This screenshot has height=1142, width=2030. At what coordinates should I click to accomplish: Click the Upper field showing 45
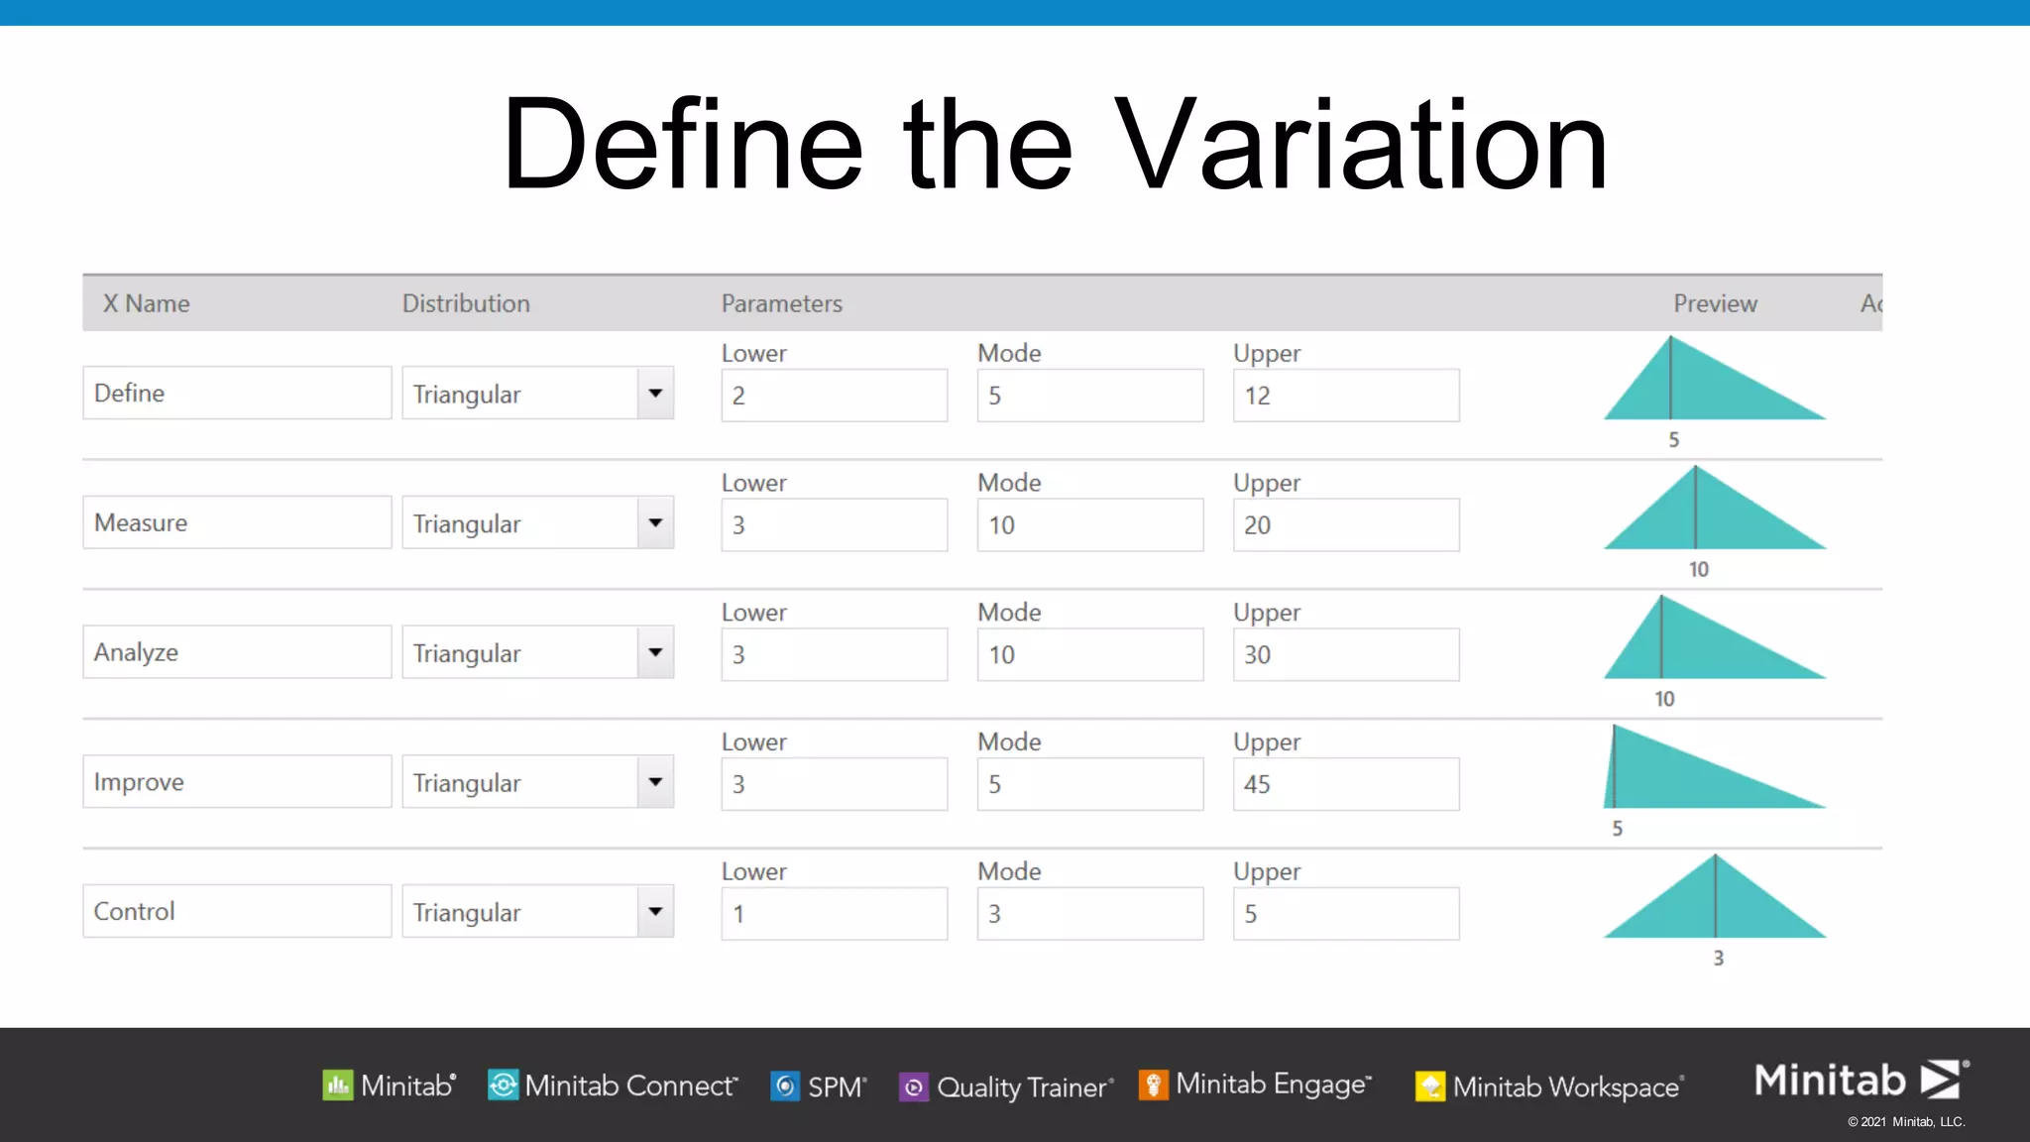pyautogui.click(x=1345, y=784)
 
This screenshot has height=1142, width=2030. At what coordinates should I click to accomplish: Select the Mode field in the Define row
pyautogui.click(x=1089, y=396)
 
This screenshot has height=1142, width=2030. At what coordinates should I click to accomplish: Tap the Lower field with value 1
pyautogui.click(x=834, y=914)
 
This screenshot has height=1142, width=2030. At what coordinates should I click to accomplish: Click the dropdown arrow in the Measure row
pyautogui.click(x=655, y=522)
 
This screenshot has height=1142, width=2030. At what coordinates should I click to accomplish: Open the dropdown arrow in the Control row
pyautogui.click(x=655, y=911)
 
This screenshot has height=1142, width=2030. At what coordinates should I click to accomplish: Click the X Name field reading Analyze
pyautogui.click(x=237, y=652)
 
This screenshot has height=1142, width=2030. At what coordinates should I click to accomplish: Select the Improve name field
pyautogui.click(x=237, y=782)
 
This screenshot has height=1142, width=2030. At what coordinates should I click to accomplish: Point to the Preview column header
pyautogui.click(x=1715, y=303)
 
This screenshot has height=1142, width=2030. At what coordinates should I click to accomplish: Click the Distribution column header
pyautogui.click(x=466, y=303)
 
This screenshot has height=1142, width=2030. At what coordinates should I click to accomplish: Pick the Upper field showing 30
pyautogui.click(x=1345, y=654)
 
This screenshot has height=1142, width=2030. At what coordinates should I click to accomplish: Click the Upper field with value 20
pyautogui.click(x=1345, y=525)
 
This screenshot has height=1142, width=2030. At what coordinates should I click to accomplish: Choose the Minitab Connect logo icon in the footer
pyautogui.click(x=503, y=1085)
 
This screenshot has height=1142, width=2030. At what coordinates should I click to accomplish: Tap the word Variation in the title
pyautogui.click(x=1360, y=145)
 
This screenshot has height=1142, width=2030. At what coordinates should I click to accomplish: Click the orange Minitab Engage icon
pyautogui.click(x=1153, y=1085)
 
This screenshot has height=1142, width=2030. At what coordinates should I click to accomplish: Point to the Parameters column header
pyautogui.click(x=781, y=303)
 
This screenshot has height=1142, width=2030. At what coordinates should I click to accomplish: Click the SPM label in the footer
pyautogui.click(x=837, y=1087)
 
